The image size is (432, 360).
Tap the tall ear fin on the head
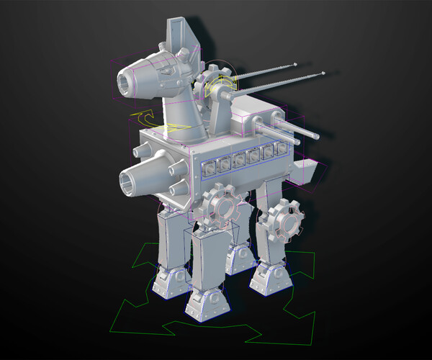point(178,32)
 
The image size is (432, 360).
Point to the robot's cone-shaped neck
point(184,115)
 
